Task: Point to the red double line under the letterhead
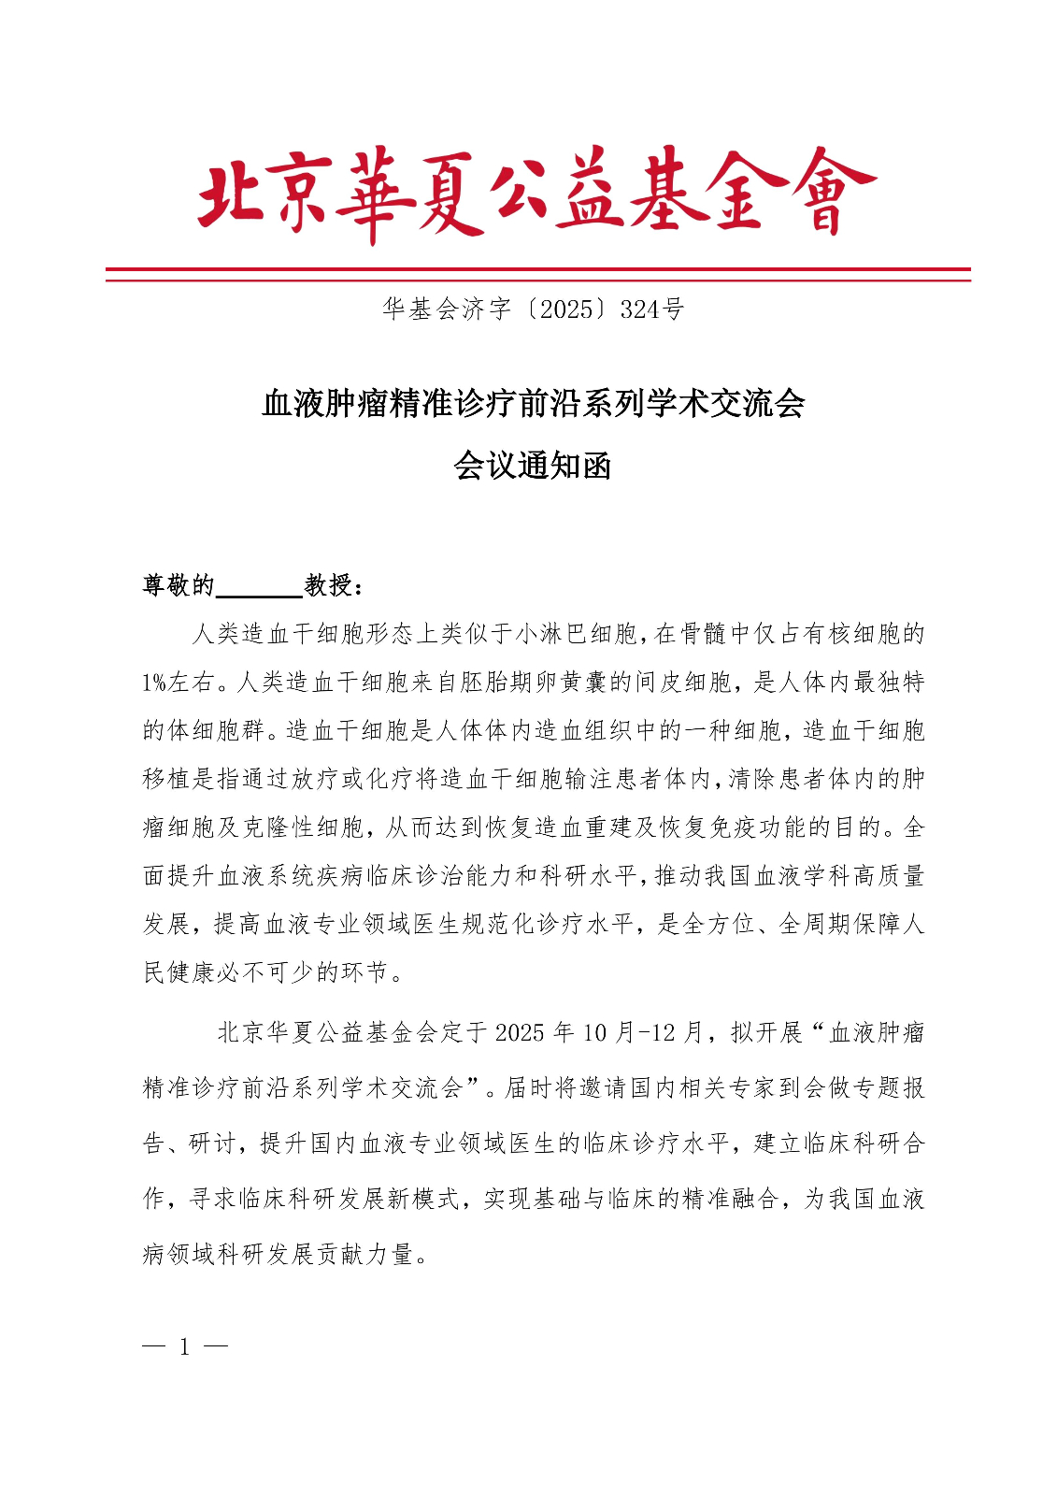pos(537,274)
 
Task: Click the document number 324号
pos(651,309)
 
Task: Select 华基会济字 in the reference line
pos(447,309)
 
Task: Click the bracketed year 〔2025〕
pos(566,309)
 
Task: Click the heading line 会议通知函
pos(533,465)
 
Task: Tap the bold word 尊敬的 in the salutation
pos(179,585)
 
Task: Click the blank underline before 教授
pos(259,589)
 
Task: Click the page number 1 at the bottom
pos(184,1347)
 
